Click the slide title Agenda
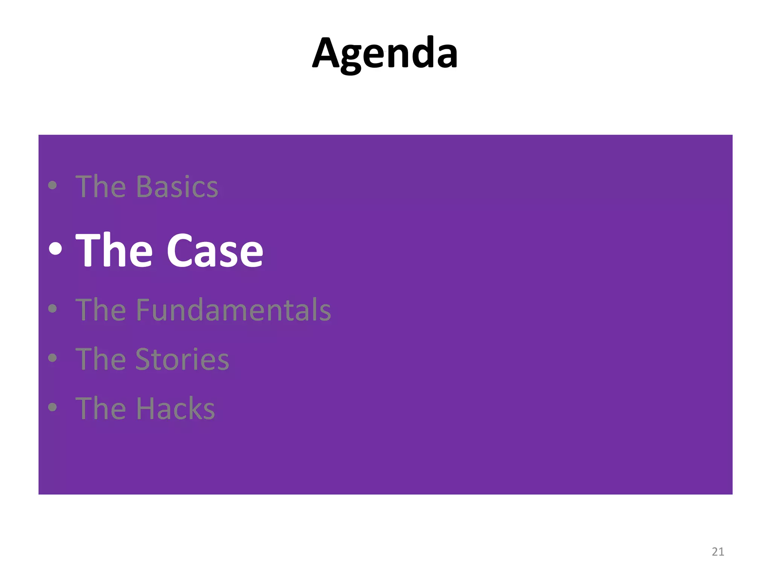pos(385,54)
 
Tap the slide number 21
pos(718,552)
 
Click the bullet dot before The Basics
pos(53,185)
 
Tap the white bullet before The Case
pos(55,249)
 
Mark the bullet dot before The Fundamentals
pos(53,309)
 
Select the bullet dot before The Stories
pos(53,358)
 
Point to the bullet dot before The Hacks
pos(53,407)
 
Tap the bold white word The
pos(114,251)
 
